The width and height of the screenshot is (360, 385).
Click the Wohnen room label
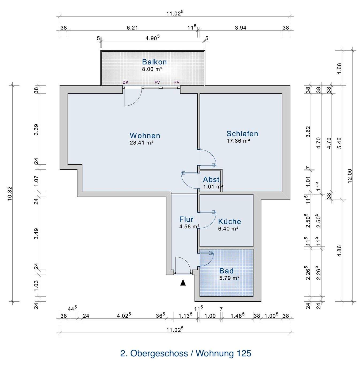coord(145,135)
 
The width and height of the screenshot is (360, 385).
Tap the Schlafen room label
coord(242,133)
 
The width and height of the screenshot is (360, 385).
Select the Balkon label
coord(154,62)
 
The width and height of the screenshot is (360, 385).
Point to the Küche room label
coord(229,221)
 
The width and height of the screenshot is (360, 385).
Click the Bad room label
coord(226,271)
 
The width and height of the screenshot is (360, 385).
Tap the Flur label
coord(186,220)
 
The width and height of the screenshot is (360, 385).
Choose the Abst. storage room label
coord(212,179)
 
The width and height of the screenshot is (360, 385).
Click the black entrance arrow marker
coord(183,282)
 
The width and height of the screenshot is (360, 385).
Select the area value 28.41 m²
coord(141,143)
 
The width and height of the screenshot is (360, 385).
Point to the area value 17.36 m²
coord(238,141)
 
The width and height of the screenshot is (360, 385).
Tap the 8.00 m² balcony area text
coord(152,69)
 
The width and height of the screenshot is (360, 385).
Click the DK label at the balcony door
coord(125,82)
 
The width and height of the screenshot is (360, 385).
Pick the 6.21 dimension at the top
coord(132,28)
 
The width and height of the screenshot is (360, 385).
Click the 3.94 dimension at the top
coord(240,28)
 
